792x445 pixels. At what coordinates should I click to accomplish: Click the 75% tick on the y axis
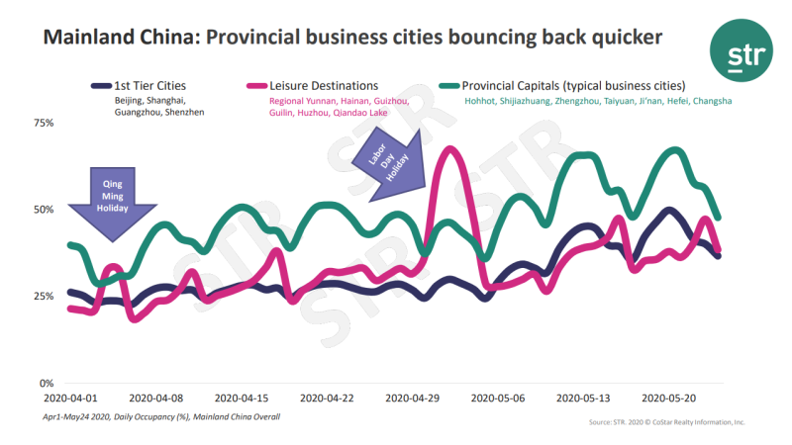(44, 123)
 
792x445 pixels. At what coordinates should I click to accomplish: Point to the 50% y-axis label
(44, 210)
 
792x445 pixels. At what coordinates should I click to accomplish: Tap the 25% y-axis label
(44, 297)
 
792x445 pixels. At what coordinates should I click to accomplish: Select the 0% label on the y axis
(48, 383)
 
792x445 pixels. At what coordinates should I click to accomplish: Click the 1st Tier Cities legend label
(149, 85)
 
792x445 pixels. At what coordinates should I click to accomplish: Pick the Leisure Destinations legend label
(324, 85)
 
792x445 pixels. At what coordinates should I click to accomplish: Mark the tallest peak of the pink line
(450, 149)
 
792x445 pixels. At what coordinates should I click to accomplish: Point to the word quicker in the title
(619, 39)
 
